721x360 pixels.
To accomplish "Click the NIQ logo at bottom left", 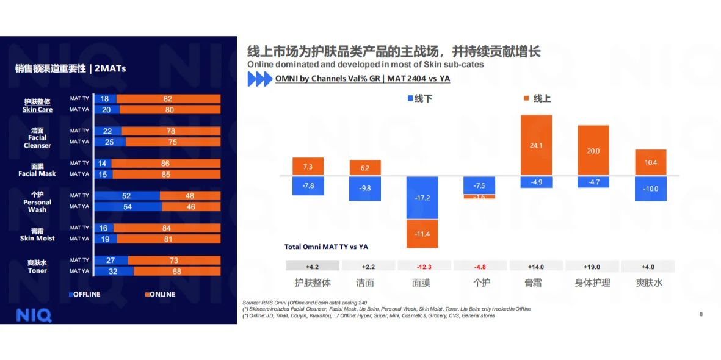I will point(34,315).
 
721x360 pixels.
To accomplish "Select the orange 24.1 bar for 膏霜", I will point(536,145).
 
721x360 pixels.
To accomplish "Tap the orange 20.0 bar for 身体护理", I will point(593,151).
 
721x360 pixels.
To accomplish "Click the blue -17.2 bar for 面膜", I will point(422,198).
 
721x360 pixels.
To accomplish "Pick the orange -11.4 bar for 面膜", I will point(422,234).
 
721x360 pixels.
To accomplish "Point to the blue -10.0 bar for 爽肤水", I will point(650,189).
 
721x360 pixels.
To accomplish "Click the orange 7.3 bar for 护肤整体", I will point(308,167).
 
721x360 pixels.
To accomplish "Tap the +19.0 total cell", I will point(592,266).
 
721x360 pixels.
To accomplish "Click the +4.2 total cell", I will point(312,266).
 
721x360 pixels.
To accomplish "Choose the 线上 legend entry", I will point(537,98).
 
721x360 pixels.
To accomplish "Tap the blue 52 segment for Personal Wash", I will point(126,196).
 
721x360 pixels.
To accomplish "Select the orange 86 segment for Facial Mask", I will point(165,164).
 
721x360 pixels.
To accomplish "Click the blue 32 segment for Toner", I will point(112,271).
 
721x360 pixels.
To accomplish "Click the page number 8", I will point(701,314).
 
